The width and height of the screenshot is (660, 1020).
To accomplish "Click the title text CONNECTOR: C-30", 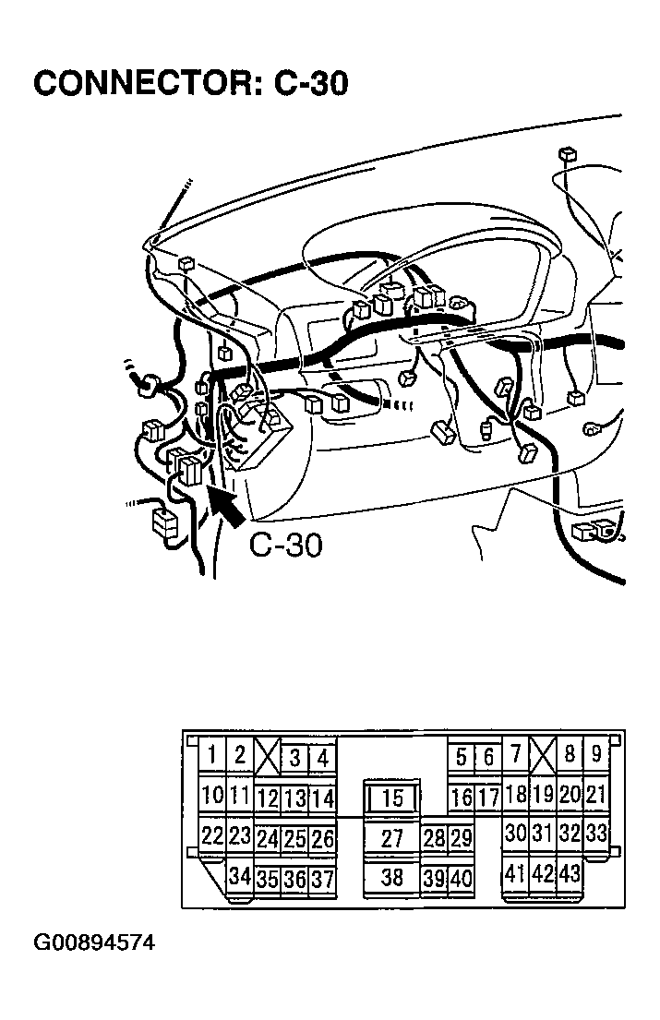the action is (x=190, y=83).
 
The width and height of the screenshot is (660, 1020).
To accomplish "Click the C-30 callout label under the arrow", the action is (x=286, y=546).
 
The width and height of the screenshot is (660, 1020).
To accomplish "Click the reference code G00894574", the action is (x=94, y=942).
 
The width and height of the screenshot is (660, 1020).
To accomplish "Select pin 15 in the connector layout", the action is (x=392, y=798).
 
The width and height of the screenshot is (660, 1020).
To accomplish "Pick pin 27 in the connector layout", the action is (x=392, y=838).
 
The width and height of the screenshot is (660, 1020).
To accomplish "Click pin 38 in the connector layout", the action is (x=392, y=878).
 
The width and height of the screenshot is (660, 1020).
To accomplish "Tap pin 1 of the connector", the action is (x=212, y=755).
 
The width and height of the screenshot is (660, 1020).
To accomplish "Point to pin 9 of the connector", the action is (x=596, y=754).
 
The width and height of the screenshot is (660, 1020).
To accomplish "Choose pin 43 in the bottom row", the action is (x=570, y=873).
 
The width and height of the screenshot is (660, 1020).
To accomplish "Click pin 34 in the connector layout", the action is (x=240, y=876).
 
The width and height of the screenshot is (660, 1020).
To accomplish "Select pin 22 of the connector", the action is (x=212, y=835).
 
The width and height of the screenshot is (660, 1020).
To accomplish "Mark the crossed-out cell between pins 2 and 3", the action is (x=268, y=756).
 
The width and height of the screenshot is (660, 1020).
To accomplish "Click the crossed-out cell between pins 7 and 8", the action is (x=543, y=754).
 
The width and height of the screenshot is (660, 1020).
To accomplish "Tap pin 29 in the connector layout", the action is (x=461, y=838).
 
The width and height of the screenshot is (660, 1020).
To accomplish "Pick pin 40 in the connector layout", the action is (x=461, y=879).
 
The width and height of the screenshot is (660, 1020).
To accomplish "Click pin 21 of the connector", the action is (x=596, y=794).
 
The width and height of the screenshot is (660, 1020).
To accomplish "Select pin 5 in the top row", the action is (x=461, y=757).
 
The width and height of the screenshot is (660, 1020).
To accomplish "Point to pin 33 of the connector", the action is (x=596, y=833).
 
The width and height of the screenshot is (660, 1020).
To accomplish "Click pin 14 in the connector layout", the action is (x=322, y=798).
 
